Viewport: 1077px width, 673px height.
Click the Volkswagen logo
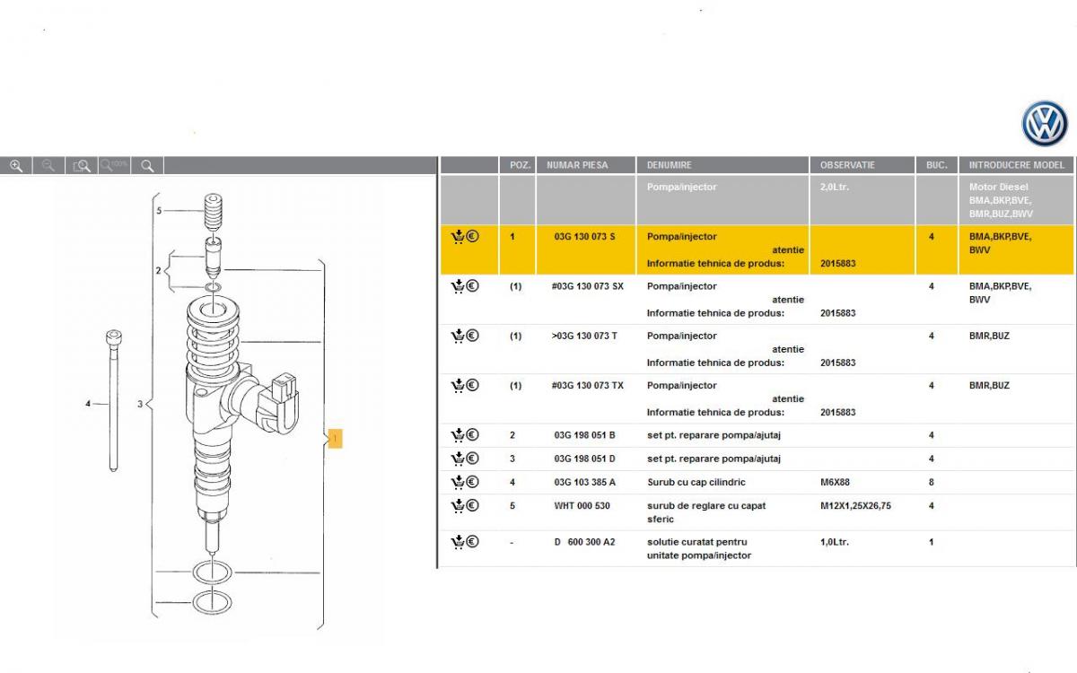(1045, 124)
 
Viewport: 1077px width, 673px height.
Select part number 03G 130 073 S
(584, 237)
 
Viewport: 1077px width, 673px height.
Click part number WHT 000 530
(582, 506)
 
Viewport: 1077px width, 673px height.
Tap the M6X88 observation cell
(835, 482)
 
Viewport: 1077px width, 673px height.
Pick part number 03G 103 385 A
(584, 482)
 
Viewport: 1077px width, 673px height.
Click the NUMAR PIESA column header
(577, 165)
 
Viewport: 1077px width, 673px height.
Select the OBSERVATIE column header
(847, 165)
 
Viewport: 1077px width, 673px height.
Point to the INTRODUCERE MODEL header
(1016, 165)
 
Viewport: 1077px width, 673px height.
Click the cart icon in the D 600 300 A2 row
(458, 542)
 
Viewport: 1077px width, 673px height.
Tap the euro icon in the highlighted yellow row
(473, 236)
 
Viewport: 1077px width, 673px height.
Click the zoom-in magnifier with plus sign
(16, 166)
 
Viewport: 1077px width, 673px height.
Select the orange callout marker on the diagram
(335, 439)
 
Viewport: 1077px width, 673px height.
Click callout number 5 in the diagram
(159, 211)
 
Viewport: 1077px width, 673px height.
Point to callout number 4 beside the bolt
(88, 403)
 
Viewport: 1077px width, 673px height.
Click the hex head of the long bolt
(113, 337)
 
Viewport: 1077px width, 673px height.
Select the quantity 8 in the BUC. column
(932, 482)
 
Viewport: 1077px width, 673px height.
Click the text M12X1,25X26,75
(855, 506)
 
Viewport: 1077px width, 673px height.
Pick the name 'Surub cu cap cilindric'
(696, 482)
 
